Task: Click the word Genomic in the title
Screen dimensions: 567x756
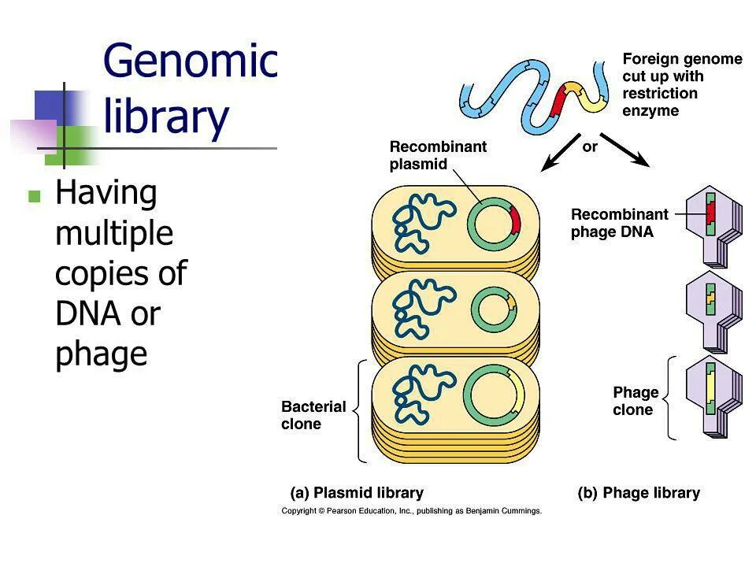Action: pyautogui.click(x=190, y=59)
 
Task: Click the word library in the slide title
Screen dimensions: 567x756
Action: pyautogui.click(x=166, y=117)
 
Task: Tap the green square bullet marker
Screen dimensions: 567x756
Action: pyautogui.click(x=34, y=197)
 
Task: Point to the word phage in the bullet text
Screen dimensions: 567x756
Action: pyautogui.click(x=102, y=354)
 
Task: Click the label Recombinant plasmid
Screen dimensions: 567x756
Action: pyautogui.click(x=428, y=155)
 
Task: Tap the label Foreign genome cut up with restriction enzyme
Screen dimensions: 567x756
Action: pyautogui.click(x=681, y=84)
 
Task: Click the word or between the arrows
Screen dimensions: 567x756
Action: pyautogui.click(x=590, y=146)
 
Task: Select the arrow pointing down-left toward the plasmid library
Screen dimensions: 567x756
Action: pyautogui.click(x=561, y=154)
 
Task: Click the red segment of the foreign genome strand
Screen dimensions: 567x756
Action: pyautogui.click(x=558, y=103)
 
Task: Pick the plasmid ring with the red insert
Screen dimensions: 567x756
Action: pyautogui.click(x=494, y=221)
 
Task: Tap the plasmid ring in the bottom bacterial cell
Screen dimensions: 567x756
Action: pyautogui.click(x=494, y=391)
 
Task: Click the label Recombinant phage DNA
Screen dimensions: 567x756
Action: pyautogui.click(x=619, y=223)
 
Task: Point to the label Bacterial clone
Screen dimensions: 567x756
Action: pyautogui.click(x=313, y=415)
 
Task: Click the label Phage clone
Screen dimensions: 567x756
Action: pyautogui.click(x=636, y=401)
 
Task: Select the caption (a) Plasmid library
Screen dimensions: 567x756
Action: pyautogui.click(x=357, y=493)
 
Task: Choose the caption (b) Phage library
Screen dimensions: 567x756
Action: pyautogui.click(x=639, y=493)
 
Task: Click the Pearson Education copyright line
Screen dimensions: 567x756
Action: pyautogui.click(x=412, y=511)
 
